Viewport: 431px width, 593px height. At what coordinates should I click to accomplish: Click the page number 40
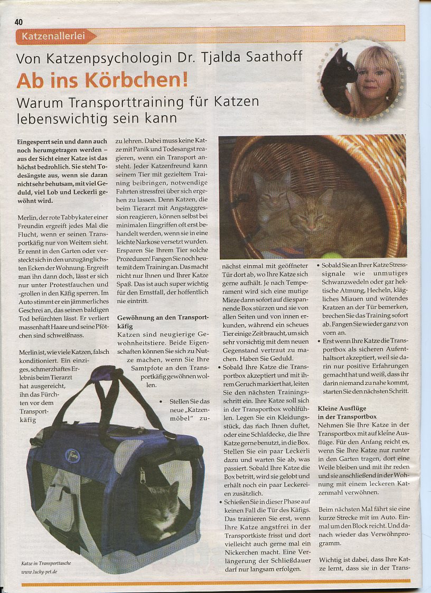coord(18,22)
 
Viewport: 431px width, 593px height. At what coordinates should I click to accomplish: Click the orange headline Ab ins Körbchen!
coord(102,80)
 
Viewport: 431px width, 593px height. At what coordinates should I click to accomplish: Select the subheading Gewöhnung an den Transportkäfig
coord(163,322)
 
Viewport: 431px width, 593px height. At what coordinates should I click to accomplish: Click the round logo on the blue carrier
coord(72,455)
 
